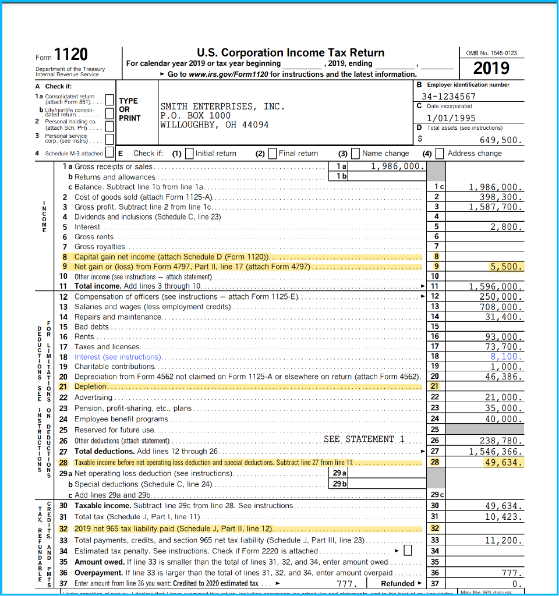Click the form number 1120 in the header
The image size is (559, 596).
(70, 55)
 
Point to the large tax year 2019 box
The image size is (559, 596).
(491, 69)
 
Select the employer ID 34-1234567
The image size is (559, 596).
(448, 97)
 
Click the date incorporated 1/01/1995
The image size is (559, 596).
(451, 118)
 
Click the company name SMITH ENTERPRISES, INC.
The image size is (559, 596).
(222, 107)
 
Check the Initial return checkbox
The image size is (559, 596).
(189, 154)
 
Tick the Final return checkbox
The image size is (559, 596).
(273, 154)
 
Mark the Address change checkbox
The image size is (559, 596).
(440, 154)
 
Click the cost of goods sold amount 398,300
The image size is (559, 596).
(496, 197)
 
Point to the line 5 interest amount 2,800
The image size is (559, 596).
(505, 227)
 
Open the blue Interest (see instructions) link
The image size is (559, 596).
(118, 357)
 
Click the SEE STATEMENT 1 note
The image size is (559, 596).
(364, 439)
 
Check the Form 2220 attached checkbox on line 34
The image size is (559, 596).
(408, 551)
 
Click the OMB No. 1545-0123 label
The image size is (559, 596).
(491, 53)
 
